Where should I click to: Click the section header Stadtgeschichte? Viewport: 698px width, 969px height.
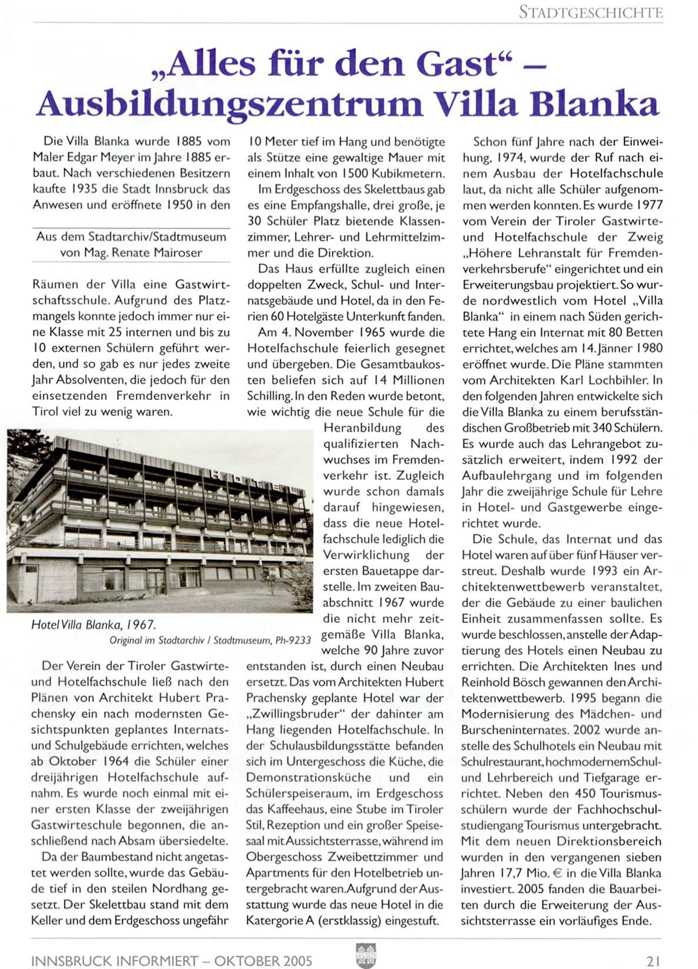[590, 12]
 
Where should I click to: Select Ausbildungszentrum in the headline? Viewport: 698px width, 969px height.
[229, 104]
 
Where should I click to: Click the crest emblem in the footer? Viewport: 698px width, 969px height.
[366, 956]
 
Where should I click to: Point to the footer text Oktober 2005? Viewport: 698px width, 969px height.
[263, 961]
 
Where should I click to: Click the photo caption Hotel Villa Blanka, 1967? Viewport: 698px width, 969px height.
[93, 625]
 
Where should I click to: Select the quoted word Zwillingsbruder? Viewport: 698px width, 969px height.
[299, 714]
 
